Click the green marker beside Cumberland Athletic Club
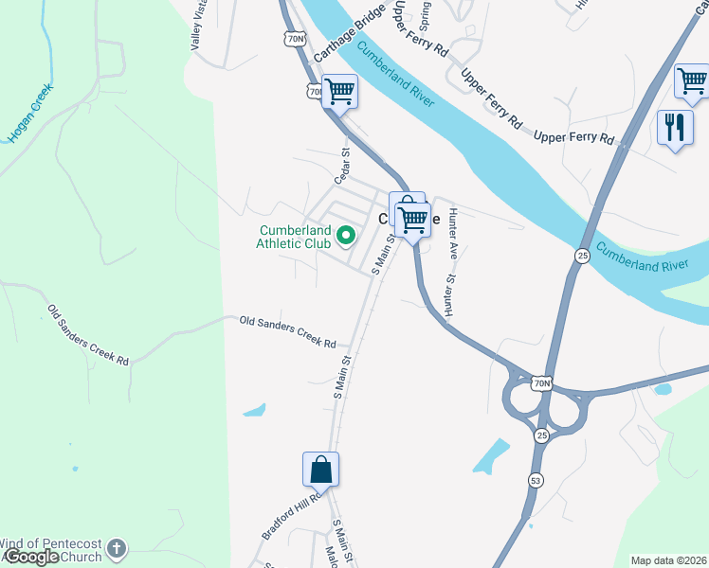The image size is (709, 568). (x=347, y=236)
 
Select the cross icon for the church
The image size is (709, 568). (x=117, y=548)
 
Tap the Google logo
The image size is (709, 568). (x=30, y=557)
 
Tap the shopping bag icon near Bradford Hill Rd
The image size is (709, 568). (x=320, y=468)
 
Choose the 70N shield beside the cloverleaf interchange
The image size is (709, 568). (x=540, y=383)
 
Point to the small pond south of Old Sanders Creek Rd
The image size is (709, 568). (x=254, y=411)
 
